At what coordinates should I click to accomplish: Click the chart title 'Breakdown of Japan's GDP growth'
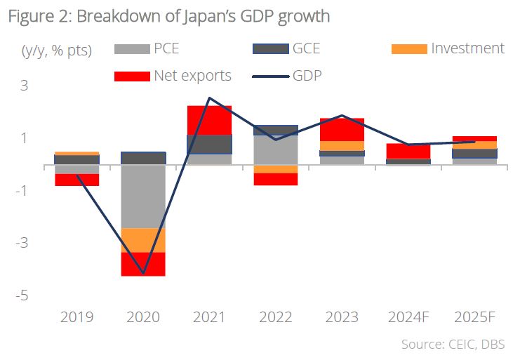pos(169,15)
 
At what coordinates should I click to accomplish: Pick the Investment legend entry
pos(467,48)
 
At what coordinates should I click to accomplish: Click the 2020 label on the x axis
pos(143,317)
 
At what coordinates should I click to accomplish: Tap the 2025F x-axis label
pos(474,317)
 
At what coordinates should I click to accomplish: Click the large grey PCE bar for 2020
pos(143,196)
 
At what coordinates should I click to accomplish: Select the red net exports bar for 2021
pos(209,120)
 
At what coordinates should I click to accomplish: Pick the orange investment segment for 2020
pos(143,240)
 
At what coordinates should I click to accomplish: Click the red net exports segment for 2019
pos(77,180)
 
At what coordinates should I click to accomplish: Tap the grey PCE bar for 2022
pos(275,149)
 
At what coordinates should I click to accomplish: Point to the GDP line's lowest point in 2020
pos(143,273)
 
